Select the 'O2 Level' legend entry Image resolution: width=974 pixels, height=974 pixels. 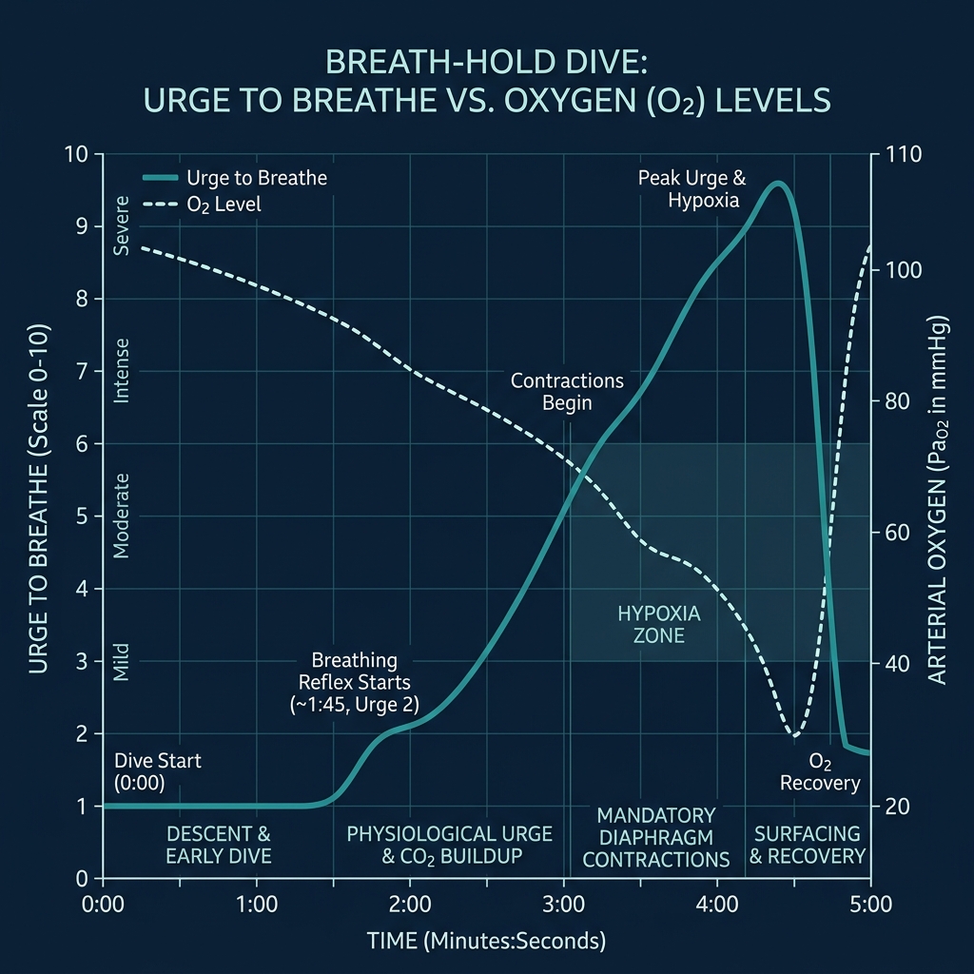(x=224, y=205)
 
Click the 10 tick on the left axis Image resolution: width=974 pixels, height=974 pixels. (x=75, y=154)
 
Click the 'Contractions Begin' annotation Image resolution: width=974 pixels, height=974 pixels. (x=567, y=391)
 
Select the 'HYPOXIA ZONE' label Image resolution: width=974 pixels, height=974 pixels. (x=658, y=624)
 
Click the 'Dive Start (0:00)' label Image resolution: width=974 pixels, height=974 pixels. (x=158, y=771)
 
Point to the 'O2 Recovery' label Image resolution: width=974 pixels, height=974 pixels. (x=820, y=772)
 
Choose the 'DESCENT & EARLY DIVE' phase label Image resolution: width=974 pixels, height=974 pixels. (x=219, y=845)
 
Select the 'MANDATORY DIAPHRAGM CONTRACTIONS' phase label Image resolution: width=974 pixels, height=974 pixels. (x=656, y=837)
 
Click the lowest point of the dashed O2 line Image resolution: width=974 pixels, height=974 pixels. (x=794, y=735)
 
